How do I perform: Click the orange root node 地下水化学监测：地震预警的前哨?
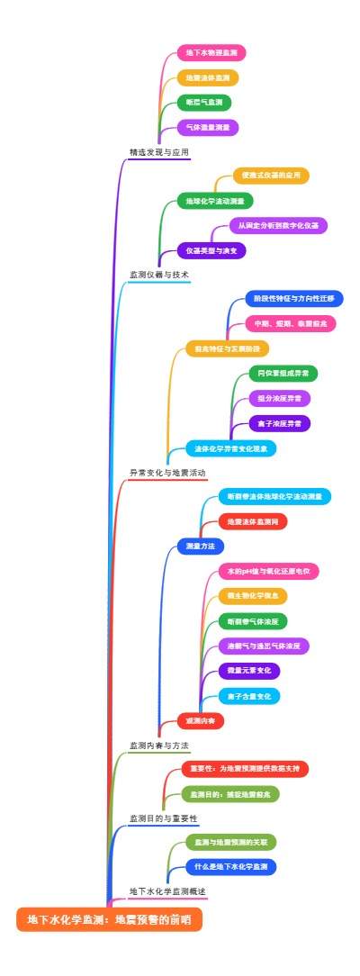pyautogui.click(x=109, y=919)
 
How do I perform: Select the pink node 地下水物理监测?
pyautogui.click(x=211, y=53)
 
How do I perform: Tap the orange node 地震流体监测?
pyautogui.click(x=207, y=77)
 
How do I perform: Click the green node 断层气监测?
pyautogui.click(x=203, y=103)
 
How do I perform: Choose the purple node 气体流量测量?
pyautogui.click(x=207, y=128)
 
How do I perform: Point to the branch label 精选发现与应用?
pyautogui.click(x=159, y=153)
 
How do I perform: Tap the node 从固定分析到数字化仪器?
pyautogui.click(x=278, y=225)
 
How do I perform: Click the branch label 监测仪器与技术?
pyautogui.click(x=159, y=275)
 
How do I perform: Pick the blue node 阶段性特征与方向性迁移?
pyautogui.click(x=293, y=298)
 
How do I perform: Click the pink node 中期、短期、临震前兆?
pyautogui.click(x=290, y=322)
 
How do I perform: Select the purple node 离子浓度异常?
pyautogui.click(x=279, y=423)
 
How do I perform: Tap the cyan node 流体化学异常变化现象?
pyautogui.click(x=230, y=447)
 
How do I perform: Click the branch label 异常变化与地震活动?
pyautogui.click(x=167, y=472)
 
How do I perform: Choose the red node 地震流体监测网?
pyautogui.click(x=253, y=521)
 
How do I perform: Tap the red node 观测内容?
pyautogui.click(x=200, y=720)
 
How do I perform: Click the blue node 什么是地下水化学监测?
pyautogui.click(x=231, y=867)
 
